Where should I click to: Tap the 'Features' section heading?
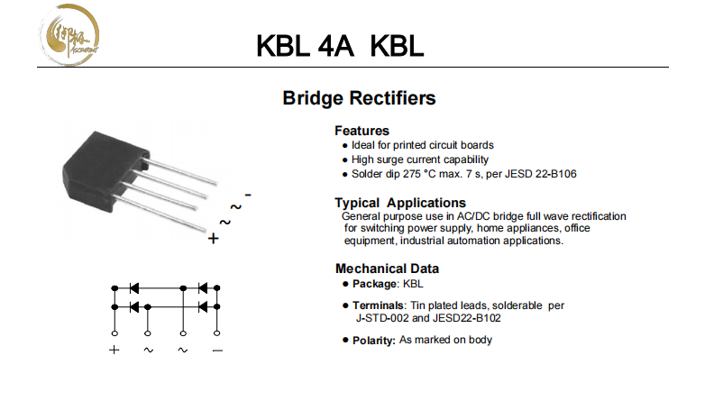[362, 130]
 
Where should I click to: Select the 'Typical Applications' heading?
[400, 203]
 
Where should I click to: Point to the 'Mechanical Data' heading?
[387, 268]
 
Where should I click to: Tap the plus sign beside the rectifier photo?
[213, 240]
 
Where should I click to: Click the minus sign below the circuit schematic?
[216, 350]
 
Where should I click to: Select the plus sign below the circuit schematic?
[114, 350]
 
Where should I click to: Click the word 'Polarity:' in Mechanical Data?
[373, 341]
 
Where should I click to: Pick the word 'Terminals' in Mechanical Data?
[376, 305]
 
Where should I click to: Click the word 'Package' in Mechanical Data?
[374, 284]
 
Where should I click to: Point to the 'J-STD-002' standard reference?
[384, 318]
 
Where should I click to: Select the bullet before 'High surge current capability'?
[344, 159]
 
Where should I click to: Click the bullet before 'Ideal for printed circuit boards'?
[344, 145]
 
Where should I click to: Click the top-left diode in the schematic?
[133, 288]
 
